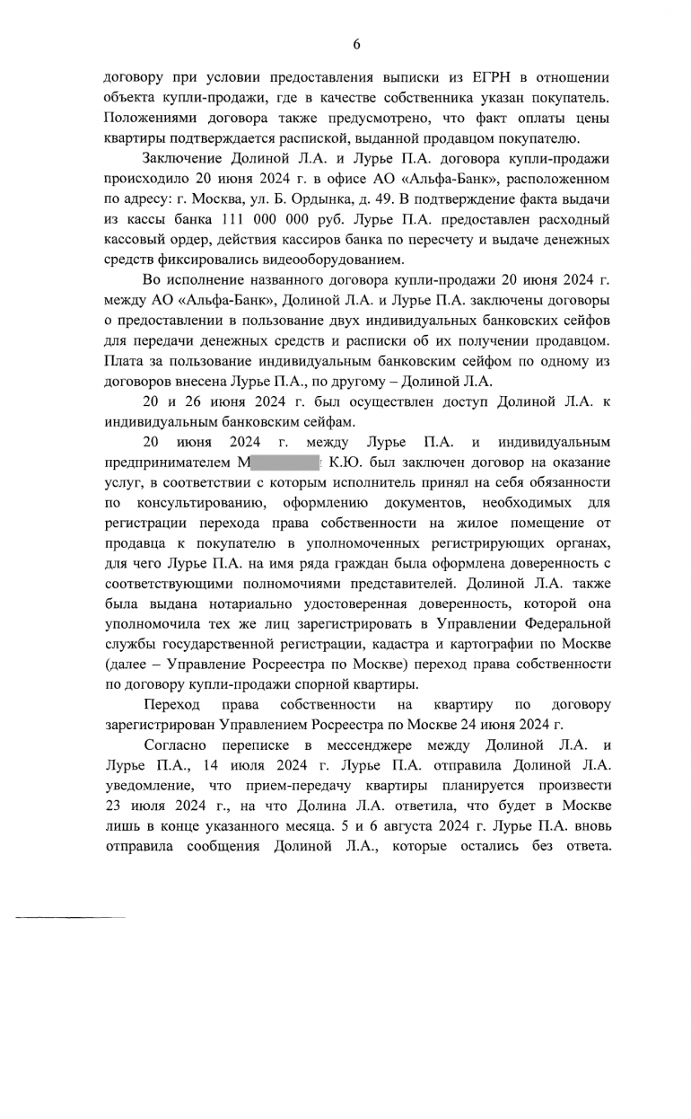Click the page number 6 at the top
[x=356, y=44]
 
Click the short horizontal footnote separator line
[x=69, y=917]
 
